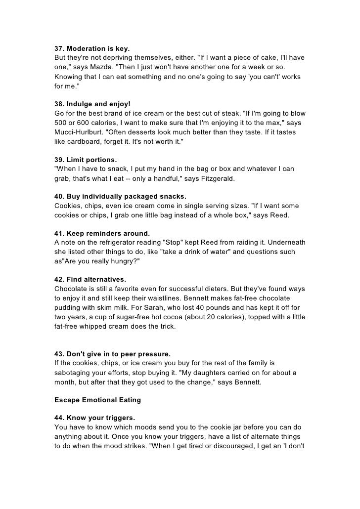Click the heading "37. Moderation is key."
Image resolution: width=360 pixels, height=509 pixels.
[91, 49]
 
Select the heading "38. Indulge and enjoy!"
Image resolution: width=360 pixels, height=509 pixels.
[92, 104]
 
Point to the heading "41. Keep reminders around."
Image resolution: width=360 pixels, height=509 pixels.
[101, 233]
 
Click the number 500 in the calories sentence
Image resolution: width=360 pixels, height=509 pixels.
[61, 123]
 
